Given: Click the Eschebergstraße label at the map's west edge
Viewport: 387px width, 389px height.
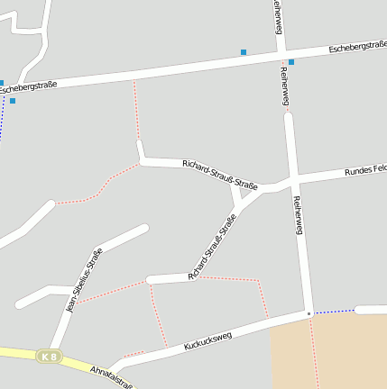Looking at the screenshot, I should point(28,87).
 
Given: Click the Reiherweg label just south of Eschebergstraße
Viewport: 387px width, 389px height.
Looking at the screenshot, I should point(286,86).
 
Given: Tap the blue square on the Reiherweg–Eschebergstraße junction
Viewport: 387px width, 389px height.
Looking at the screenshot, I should point(290,62).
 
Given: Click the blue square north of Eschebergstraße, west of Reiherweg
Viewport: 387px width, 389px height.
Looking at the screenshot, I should point(244,52).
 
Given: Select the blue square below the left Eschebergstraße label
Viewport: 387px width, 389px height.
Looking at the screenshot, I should point(13,101).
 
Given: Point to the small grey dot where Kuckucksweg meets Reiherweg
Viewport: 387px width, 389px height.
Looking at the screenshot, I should point(308,314).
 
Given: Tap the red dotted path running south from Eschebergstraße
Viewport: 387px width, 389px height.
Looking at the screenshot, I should point(136,108).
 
